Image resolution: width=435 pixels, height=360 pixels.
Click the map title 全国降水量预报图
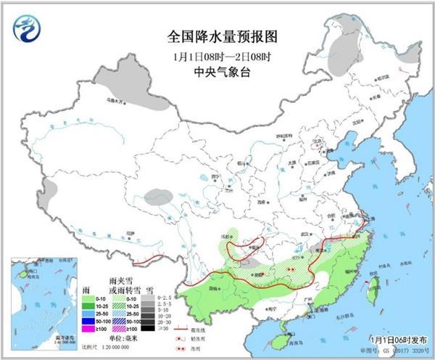[217, 36]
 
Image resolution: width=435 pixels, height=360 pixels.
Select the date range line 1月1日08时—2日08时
[217, 55]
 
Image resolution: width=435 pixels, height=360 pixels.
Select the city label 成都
[228, 237]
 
